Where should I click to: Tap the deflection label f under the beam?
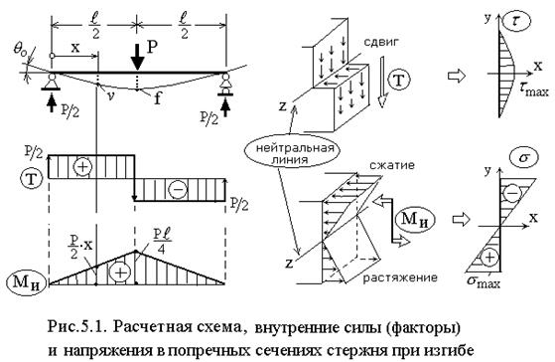point(157,98)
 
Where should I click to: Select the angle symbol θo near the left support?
point(21,50)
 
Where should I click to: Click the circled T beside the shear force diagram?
point(32,179)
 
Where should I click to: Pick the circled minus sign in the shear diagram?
point(178,190)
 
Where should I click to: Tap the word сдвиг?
point(381,42)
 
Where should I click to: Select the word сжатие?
point(392,166)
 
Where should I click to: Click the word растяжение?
point(400,277)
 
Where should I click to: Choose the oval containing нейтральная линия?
point(290,154)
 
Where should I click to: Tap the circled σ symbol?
point(523,157)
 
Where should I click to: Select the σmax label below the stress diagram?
point(484,281)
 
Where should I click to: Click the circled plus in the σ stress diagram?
point(489,257)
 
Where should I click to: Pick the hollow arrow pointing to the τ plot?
point(457,76)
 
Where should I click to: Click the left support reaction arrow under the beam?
point(52,103)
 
